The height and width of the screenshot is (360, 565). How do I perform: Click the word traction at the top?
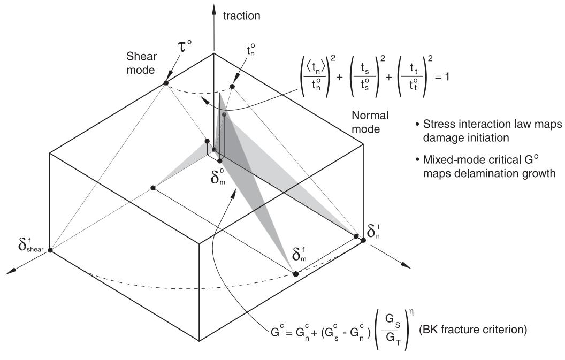[242, 16]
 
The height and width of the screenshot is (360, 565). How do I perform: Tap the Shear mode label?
[141, 63]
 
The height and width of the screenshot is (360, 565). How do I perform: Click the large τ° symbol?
[184, 46]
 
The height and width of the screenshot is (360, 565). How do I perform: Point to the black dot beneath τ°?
[166, 83]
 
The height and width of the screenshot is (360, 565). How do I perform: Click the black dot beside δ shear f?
[50, 250]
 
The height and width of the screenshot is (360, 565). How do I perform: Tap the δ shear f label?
[31, 244]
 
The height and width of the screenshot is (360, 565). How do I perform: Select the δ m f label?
[300, 254]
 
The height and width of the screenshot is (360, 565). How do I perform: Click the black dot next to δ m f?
[296, 274]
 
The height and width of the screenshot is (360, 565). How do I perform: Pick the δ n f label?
[374, 231]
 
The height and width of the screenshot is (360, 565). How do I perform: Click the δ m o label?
[219, 175]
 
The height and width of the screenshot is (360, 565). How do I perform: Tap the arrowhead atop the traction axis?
[214, 8]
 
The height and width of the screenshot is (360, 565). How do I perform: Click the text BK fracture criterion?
[473, 330]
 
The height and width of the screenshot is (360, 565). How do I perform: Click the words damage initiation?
[466, 137]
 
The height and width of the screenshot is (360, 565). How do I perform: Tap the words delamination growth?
[490, 173]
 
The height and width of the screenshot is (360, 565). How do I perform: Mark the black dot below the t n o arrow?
[232, 87]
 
